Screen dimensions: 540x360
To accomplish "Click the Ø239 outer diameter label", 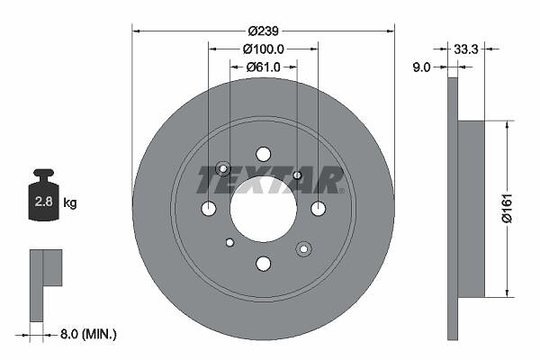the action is pyautogui.click(x=263, y=31).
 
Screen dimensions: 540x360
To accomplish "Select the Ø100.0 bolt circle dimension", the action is pyautogui.click(x=264, y=49).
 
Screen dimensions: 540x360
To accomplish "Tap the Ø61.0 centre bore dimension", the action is pyautogui.click(x=264, y=67).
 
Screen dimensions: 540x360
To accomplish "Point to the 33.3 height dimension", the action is pyautogui.click(x=466, y=49).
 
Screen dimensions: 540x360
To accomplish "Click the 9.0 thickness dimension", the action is pyautogui.click(x=421, y=67).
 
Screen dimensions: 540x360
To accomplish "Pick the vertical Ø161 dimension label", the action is pyautogui.click(x=507, y=209).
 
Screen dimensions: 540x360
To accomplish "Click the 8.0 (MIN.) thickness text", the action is pyautogui.click(x=88, y=334).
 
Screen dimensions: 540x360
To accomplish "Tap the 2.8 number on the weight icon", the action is pyautogui.click(x=44, y=202).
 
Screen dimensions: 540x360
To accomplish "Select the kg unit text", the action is pyautogui.click(x=70, y=202).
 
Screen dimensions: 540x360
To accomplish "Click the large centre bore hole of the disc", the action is pyautogui.click(x=264, y=209).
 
